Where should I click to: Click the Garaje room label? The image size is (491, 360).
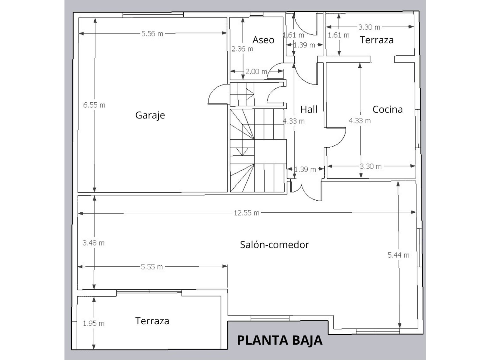[x=150, y=115]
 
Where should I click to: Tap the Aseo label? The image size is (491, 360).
[x=263, y=40]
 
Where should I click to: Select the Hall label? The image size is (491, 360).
[x=309, y=109]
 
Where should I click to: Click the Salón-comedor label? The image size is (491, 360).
[x=274, y=245]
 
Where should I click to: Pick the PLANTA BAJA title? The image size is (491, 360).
[x=280, y=340]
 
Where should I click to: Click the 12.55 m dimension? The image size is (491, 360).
[x=246, y=213]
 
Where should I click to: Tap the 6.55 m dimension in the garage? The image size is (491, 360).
[x=94, y=105]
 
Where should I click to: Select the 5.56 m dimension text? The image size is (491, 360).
[x=152, y=34]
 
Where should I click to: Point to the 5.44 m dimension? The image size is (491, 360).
[x=398, y=255]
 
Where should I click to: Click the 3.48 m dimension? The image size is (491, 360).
[x=94, y=243]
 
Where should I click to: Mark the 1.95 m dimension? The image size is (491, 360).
[x=94, y=323]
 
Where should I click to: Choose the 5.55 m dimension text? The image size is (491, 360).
[x=152, y=267]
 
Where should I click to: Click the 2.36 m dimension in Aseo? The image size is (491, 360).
[x=243, y=49]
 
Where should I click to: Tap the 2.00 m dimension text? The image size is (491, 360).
[x=256, y=71]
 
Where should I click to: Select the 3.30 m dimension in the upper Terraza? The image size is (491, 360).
[x=369, y=27]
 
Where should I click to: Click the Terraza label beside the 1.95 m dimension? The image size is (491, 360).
[x=152, y=321]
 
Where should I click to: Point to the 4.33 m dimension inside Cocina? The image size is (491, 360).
[x=360, y=121]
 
